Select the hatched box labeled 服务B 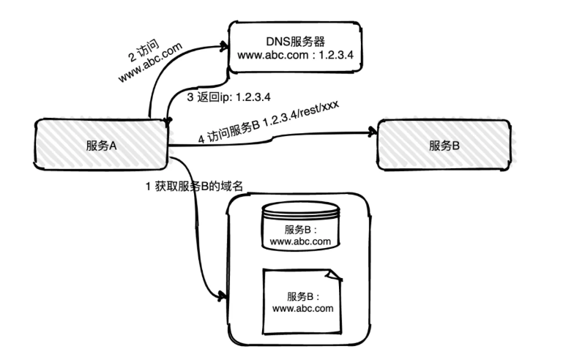coord(444,145)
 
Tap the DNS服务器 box coord(297,47)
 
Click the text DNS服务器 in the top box coord(297,38)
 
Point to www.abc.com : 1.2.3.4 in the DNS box coord(297,55)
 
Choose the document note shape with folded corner coord(302,301)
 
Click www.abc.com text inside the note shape coord(302,308)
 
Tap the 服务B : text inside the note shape coord(302,296)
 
